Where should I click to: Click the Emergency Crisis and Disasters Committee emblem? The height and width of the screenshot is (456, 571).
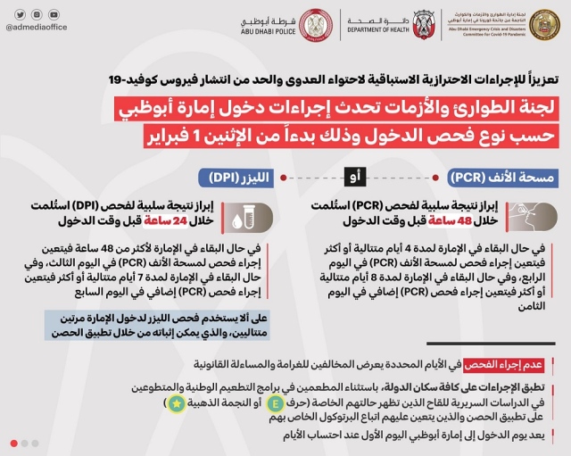(543, 24)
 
